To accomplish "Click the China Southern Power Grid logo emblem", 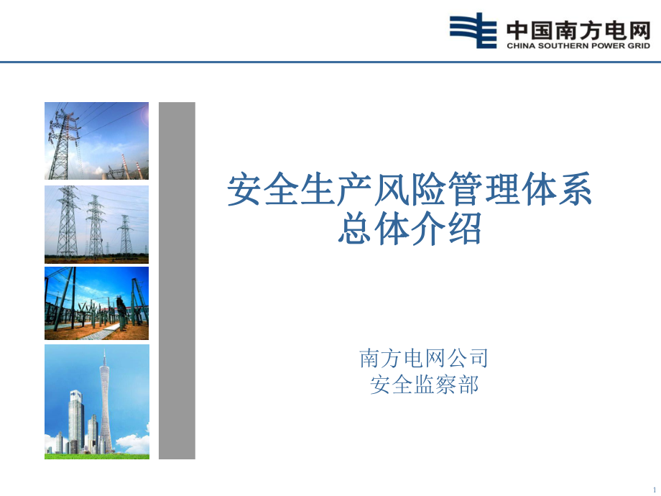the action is [x=473, y=30].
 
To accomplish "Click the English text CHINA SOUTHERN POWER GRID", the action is [x=578, y=45].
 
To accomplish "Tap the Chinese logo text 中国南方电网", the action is [x=578, y=30].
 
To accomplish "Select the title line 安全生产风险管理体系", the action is [x=410, y=190].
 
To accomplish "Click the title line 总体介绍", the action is [x=410, y=228].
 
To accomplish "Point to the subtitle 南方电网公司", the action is [x=424, y=359].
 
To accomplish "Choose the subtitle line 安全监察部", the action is [x=424, y=385].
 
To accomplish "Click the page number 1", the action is [x=655, y=490].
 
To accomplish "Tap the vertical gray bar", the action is [x=177, y=280].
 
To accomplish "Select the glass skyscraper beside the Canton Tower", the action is [x=76, y=421].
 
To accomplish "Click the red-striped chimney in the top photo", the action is [x=124, y=165].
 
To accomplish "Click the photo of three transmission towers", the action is [x=96, y=224].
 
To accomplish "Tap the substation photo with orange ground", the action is [x=96, y=303].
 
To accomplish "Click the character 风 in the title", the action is [x=391, y=190].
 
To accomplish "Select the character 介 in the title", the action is [x=427, y=228].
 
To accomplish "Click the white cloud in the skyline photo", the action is [x=132, y=442].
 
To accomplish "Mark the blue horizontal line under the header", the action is [x=330, y=62].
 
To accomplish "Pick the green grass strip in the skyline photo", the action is [x=97, y=456].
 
